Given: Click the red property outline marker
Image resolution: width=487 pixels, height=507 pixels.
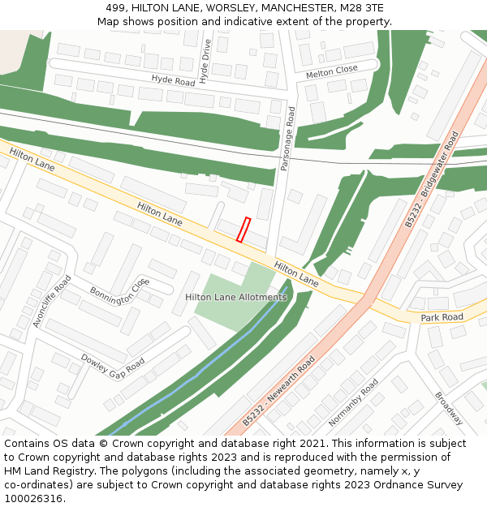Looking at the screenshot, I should pos(243,230).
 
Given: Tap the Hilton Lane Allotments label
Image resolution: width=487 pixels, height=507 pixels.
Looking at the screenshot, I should pos(236,298).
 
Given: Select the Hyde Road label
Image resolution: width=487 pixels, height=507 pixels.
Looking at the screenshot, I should pos(173,80).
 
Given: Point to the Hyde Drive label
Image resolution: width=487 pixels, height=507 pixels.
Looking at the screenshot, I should pos(205,61).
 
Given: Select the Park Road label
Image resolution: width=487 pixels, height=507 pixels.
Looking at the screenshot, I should pos(442,317).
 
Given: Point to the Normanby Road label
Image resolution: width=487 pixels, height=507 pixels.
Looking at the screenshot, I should pos(353,403).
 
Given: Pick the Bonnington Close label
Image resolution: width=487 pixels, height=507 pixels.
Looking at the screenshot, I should pos(120,290).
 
